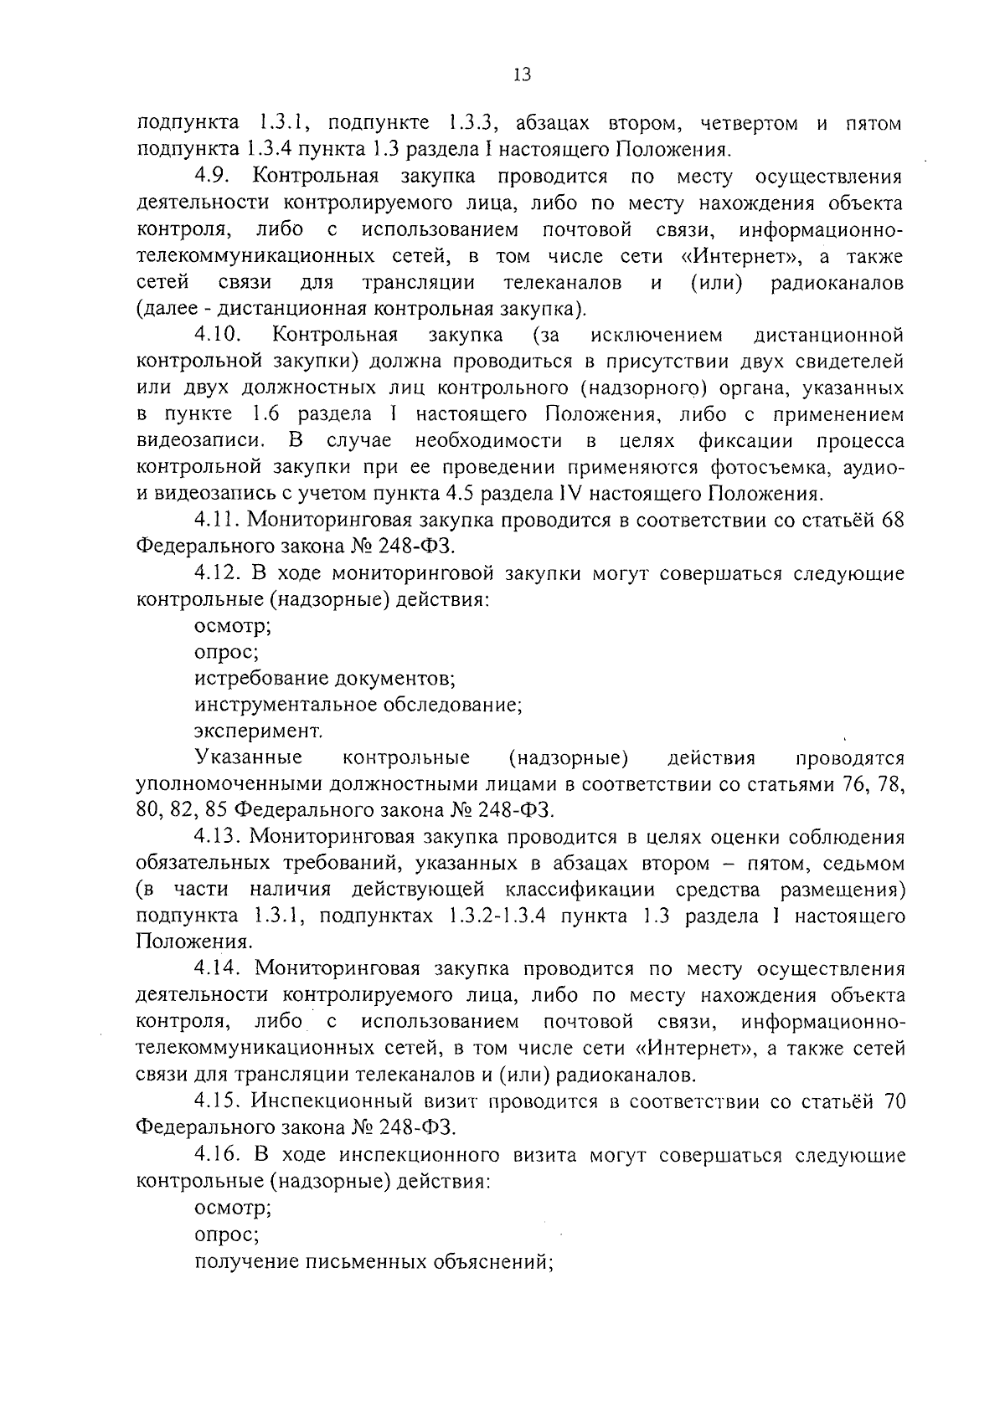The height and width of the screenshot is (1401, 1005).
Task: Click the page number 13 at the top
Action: (x=521, y=75)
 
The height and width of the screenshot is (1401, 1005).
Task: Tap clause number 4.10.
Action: (x=219, y=336)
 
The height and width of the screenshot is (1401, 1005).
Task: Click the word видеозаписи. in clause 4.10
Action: (x=202, y=440)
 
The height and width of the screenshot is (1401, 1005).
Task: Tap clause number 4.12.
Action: (x=219, y=574)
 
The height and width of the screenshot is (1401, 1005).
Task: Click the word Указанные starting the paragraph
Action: (x=248, y=758)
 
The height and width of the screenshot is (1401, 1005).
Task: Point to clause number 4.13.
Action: (x=219, y=837)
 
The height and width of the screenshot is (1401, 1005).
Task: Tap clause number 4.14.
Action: (x=219, y=969)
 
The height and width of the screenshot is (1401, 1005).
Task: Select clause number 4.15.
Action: (x=219, y=1101)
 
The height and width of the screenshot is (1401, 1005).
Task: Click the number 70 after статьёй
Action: (x=894, y=1101)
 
